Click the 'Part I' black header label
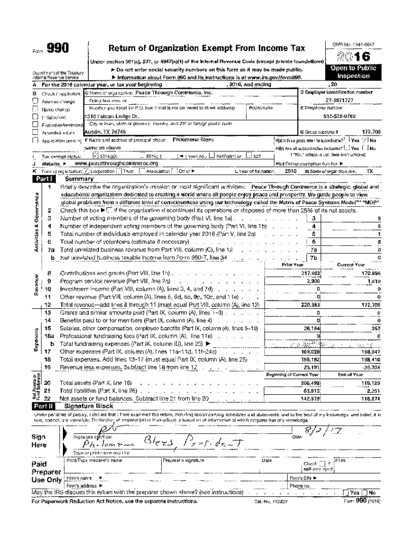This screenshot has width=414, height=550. point(44,179)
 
